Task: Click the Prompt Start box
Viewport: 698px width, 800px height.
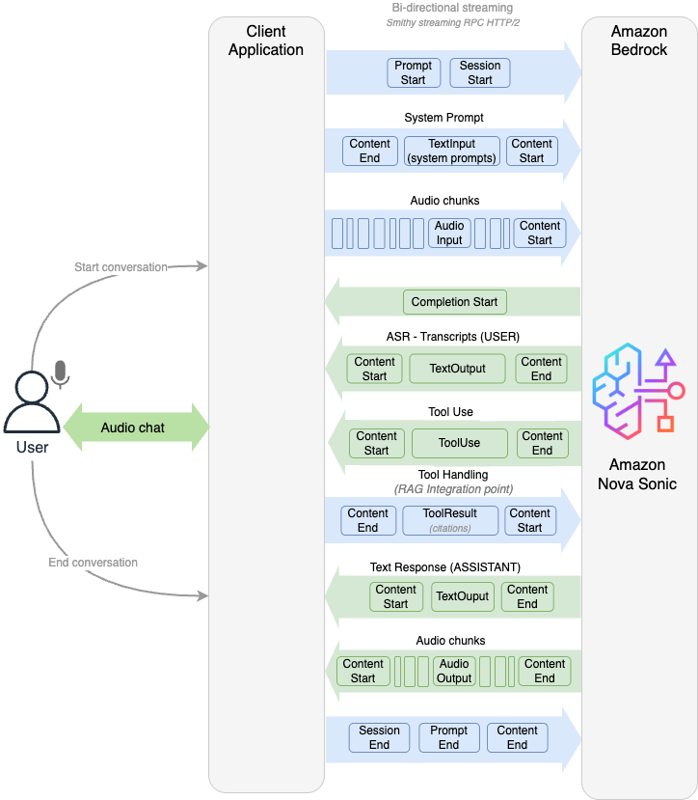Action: (x=414, y=73)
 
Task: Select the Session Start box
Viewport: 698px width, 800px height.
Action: (x=479, y=73)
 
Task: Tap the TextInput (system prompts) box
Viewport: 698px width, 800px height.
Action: (x=452, y=151)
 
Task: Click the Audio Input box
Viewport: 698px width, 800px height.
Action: (x=449, y=233)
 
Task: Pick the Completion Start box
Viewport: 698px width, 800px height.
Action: (x=454, y=302)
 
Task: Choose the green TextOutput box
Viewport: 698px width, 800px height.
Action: (x=458, y=369)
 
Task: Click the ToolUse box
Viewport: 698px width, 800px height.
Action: (x=459, y=443)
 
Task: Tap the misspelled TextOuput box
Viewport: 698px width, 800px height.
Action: (x=463, y=596)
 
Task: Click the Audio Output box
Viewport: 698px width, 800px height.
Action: (x=454, y=671)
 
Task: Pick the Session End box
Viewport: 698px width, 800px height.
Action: (x=379, y=737)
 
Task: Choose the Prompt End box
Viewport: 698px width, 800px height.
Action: (x=448, y=737)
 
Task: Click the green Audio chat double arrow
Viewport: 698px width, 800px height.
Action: (x=135, y=427)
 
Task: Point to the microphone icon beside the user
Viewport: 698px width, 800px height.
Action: (x=61, y=374)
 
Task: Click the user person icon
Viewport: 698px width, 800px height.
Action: (x=31, y=404)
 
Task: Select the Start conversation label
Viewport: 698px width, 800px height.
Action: (x=121, y=267)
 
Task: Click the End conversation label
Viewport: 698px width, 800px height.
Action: (x=94, y=563)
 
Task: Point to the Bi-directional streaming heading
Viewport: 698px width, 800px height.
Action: (x=451, y=8)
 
